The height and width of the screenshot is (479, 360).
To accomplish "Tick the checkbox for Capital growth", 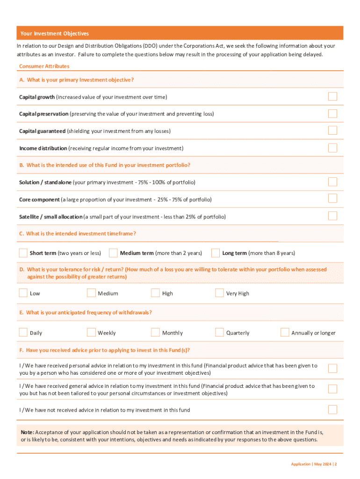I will click(x=332, y=96).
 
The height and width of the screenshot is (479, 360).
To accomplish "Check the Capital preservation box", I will click(x=332, y=114).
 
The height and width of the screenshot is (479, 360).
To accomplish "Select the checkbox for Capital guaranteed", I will click(x=332, y=131).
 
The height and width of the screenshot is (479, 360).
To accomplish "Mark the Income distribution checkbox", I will click(x=332, y=148).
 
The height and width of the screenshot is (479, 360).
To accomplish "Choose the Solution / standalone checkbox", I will click(x=332, y=181).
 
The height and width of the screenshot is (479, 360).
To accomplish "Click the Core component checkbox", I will click(x=332, y=198).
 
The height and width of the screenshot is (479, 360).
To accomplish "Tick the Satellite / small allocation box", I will click(x=332, y=216).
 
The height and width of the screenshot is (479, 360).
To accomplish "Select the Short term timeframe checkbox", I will click(x=23, y=253).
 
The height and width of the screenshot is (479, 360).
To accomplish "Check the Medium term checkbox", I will click(x=113, y=253).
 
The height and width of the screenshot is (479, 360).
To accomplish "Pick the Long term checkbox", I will click(x=216, y=253).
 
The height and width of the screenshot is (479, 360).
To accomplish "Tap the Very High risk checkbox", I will click(x=219, y=293).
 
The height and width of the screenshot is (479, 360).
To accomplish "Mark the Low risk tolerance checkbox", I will click(x=23, y=293).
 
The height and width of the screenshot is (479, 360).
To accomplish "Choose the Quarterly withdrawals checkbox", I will click(x=219, y=333).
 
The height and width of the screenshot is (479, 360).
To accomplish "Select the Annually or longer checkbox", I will click(x=285, y=333).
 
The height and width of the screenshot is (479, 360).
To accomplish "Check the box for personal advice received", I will click(x=332, y=369).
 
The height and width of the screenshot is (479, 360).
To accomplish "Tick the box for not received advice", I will click(x=332, y=410).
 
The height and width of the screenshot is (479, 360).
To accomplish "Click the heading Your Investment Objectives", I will click(x=54, y=34).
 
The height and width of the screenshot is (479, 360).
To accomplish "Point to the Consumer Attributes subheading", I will click(x=44, y=66).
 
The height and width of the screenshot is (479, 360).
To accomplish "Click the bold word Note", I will click(x=27, y=432).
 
